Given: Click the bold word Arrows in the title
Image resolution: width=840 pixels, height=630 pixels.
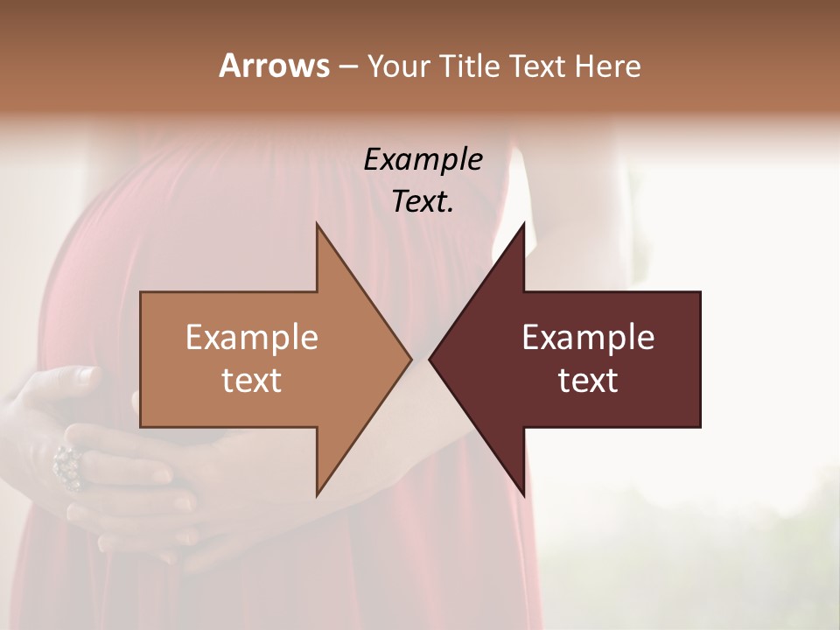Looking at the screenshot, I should pos(274,66).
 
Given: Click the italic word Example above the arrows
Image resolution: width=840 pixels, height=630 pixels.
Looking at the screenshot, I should pos(423,159).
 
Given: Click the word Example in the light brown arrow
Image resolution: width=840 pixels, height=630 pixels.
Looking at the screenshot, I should pos(252,338).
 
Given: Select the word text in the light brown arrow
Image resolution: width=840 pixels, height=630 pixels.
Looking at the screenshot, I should pos(252,381).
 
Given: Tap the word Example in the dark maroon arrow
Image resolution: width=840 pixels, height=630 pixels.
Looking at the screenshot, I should pos(588,338).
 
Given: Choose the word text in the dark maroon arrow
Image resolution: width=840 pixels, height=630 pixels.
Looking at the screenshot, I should pos(588,381).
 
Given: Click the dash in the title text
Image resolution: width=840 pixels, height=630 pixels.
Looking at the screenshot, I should pos(347,66).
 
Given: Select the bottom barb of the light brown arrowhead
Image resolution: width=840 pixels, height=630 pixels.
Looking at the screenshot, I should pos(318,491).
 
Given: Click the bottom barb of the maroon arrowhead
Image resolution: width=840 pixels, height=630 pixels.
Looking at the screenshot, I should pos(522,491).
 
